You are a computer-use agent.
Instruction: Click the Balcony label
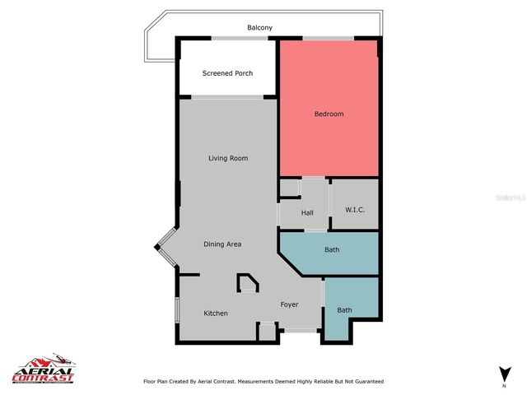click(259, 28)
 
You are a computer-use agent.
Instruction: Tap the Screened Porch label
click(227, 73)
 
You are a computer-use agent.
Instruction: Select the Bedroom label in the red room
click(329, 114)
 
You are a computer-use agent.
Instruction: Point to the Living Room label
click(227, 158)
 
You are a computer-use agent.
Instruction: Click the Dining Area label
click(222, 244)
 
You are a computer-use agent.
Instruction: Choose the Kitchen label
click(216, 313)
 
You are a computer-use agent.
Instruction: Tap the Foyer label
click(289, 304)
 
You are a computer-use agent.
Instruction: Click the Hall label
click(307, 213)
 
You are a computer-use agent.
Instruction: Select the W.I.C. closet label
click(354, 211)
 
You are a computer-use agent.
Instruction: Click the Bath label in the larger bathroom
click(332, 249)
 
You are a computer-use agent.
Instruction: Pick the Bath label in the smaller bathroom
click(344, 309)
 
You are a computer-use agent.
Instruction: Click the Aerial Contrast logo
click(43, 371)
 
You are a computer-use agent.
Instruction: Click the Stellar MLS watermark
click(509, 198)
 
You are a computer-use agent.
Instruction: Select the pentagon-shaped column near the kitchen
click(247, 284)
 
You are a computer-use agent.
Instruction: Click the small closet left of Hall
click(288, 188)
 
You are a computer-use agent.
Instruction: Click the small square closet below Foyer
click(267, 332)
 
